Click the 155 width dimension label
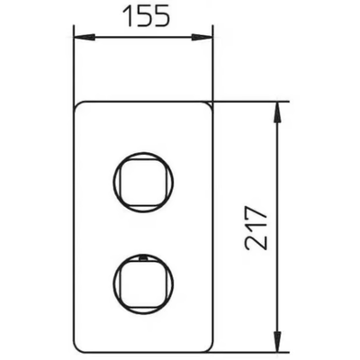click(x=147, y=16)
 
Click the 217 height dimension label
click(x=256, y=228)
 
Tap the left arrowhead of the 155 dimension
click(x=85, y=37)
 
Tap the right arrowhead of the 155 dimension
click(x=202, y=37)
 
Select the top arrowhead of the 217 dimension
click(x=278, y=112)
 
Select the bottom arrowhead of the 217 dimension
click(x=278, y=339)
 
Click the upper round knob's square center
click(x=143, y=182)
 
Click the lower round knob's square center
click(x=143, y=283)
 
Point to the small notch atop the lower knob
click(x=143, y=257)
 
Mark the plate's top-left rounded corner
click(x=77, y=105)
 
